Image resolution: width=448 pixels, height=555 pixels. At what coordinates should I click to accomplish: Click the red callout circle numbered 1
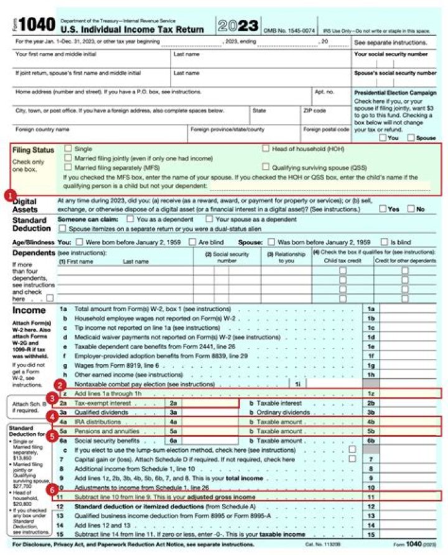tap(10, 195)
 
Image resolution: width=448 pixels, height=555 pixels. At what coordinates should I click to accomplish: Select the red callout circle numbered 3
tap(54, 398)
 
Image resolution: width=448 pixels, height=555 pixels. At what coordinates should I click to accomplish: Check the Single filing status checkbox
tap(69, 149)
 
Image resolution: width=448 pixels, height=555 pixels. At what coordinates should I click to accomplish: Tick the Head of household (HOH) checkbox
tap(266, 149)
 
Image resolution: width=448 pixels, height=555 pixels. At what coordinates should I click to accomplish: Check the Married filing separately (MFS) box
tap(69, 167)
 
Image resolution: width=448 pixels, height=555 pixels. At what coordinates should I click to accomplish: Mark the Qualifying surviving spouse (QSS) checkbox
tap(266, 167)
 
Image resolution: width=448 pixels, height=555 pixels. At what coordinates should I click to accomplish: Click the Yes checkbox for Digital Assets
tap(383, 209)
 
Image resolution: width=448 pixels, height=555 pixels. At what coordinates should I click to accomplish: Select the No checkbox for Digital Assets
tap(411, 209)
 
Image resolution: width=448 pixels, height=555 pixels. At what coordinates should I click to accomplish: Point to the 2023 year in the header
tap(238, 26)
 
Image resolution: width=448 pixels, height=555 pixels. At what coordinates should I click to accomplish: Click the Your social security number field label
tap(391, 54)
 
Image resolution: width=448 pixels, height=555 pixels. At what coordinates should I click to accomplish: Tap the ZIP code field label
tap(314, 111)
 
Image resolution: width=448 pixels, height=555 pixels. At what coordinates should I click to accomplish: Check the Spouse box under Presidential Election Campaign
tap(411, 138)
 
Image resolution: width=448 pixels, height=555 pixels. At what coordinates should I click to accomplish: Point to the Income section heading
tap(29, 309)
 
